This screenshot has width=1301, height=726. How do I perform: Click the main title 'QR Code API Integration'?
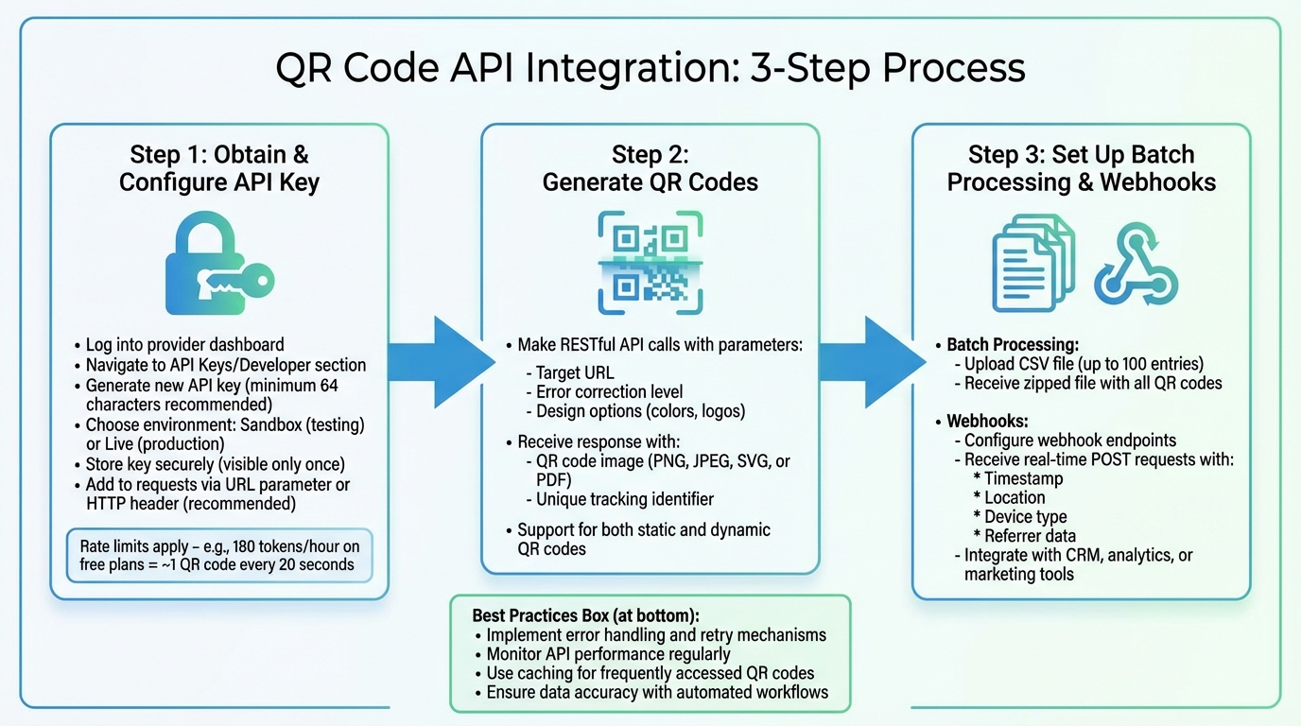point(650,69)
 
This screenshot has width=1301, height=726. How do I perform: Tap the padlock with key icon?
point(218,266)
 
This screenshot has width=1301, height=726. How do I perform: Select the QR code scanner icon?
point(650,263)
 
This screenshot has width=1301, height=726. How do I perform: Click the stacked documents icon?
point(1032,262)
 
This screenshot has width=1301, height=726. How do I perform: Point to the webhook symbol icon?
point(1136,264)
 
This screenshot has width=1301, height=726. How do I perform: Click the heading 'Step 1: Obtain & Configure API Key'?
point(218,168)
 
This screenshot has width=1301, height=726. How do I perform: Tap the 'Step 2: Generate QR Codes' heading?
point(650,168)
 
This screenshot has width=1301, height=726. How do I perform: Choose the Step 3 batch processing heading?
point(1081,168)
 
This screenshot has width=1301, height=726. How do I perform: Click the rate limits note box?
point(219,555)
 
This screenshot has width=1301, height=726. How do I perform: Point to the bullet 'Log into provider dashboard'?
point(184,345)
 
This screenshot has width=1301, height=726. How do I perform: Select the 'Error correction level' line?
point(609,391)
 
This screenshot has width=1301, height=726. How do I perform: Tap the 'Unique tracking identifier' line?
point(624,499)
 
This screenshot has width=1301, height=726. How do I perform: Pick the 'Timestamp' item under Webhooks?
point(1023,478)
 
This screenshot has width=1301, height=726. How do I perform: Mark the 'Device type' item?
point(1025,517)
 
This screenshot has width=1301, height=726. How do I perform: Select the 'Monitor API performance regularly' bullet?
point(608,654)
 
